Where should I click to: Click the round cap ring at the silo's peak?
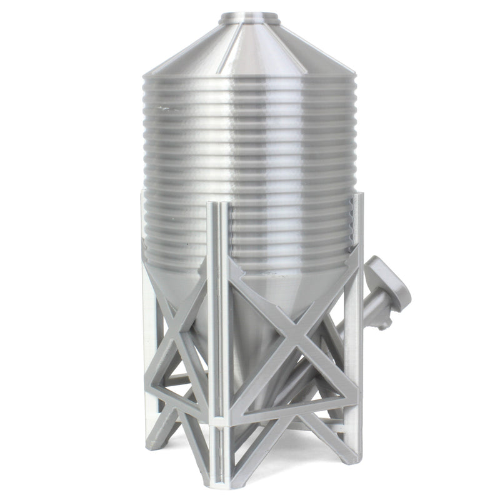(250, 16)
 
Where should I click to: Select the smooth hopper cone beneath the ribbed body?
(250, 312)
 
